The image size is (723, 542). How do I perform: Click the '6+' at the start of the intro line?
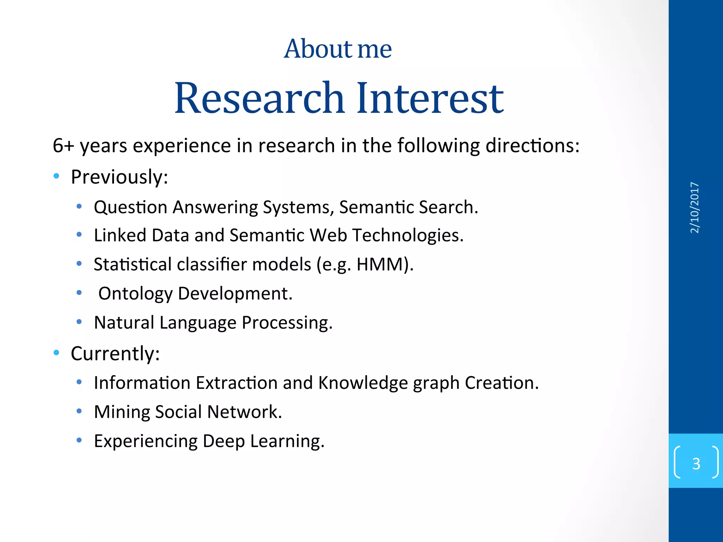tap(63, 145)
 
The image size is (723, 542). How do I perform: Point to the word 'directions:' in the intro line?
tap(532, 145)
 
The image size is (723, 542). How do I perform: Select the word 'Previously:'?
tap(119, 177)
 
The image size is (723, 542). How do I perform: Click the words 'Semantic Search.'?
tap(408, 207)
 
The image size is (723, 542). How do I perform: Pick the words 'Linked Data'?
tap(141, 235)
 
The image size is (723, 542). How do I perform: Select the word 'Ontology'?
tap(136, 294)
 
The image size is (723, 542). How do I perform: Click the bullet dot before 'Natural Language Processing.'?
tap(79, 321)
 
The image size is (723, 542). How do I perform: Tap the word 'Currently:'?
tap(115, 354)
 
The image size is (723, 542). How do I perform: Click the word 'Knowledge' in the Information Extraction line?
tap(363, 383)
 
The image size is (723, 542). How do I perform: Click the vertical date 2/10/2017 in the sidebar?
tap(694, 207)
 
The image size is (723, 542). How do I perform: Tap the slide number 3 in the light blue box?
tap(696, 463)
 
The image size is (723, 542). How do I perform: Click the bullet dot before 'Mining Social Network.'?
tap(79, 411)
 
